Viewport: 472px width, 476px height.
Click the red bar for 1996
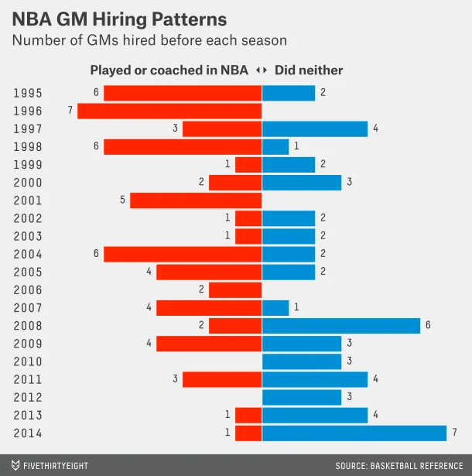pyautogui.click(x=169, y=111)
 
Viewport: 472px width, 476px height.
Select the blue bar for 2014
pyautogui.click(x=354, y=433)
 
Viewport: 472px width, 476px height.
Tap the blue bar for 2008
pyautogui.click(x=341, y=326)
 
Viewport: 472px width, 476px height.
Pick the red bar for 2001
pyautogui.click(x=196, y=200)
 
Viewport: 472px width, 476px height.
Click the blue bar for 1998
pyautogui.click(x=275, y=146)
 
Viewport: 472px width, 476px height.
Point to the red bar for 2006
pyautogui.click(x=235, y=290)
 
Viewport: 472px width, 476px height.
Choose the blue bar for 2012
pyautogui.click(x=302, y=397)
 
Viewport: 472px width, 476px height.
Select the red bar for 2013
pyautogui.click(x=248, y=415)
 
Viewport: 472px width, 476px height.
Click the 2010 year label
pyautogui.click(x=28, y=361)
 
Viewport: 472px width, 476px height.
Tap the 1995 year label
pyautogui.click(x=28, y=93)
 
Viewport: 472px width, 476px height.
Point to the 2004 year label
pyautogui.click(x=28, y=254)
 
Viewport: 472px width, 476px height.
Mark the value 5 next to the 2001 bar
pyautogui.click(x=122, y=200)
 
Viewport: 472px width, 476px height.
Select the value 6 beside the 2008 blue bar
pyautogui.click(x=428, y=326)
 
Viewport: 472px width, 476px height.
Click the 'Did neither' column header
pyautogui.click(x=309, y=70)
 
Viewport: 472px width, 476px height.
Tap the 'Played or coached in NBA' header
pyautogui.click(x=169, y=70)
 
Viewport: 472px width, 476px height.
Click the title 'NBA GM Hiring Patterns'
pyautogui.click(x=119, y=19)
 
